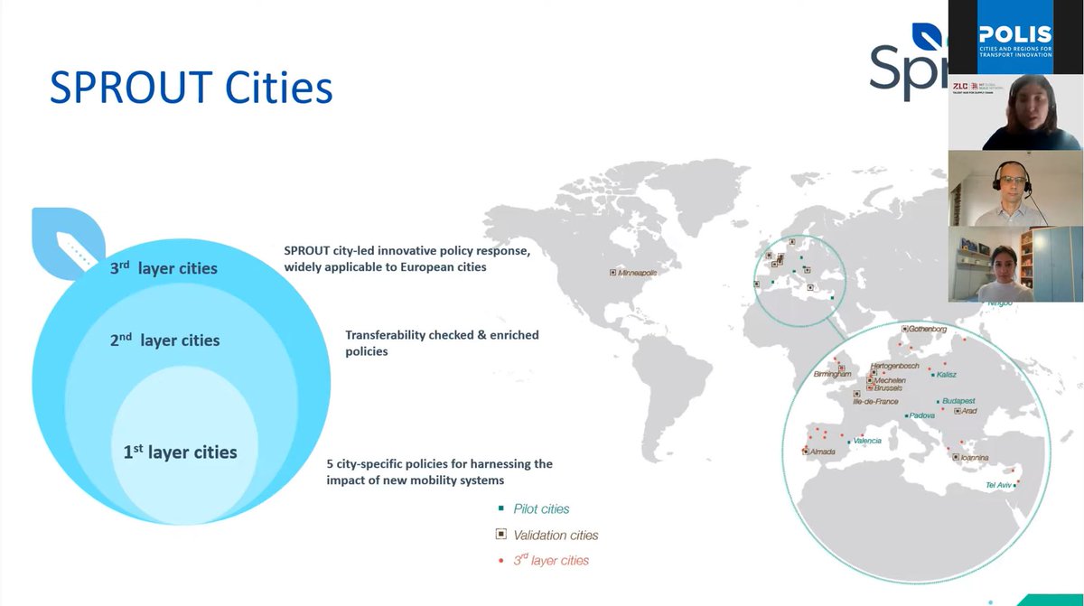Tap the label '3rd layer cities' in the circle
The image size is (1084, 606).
click(165, 268)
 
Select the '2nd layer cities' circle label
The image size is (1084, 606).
click(166, 340)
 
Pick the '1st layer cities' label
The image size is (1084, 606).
click(180, 452)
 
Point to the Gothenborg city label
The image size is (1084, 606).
click(928, 330)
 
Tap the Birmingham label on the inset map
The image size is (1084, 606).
click(832, 374)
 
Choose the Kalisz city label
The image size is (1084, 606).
click(947, 374)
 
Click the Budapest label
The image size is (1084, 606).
click(958, 400)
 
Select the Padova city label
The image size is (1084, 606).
click(921, 415)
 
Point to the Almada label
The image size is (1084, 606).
click(822, 452)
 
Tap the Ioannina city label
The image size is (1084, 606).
click(976, 458)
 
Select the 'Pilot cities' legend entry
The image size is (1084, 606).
click(541, 508)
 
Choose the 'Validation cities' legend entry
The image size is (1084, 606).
click(556, 535)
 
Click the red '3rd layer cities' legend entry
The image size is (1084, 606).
click(551, 561)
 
